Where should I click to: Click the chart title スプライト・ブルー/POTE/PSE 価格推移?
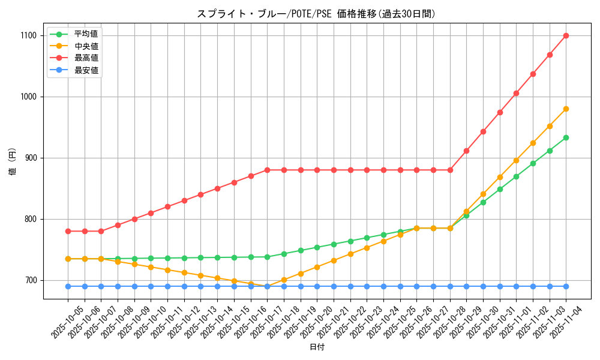pyautogui.click(x=316, y=14)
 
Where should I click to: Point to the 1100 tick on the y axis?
pyautogui.click(x=28, y=36)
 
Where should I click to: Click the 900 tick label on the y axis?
pyautogui.click(x=30, y=158)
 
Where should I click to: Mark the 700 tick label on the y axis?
pyautogui.click(x=30, y=281)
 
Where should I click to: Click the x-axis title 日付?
pyautogui.click(x=317, y=347)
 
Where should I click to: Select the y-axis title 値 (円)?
pyautogui.click(x=13, y=161)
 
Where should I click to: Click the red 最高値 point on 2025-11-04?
pyautogui.click(x=566, y=36)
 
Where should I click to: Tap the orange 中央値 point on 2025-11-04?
pyautogui.click(x=566, y=109)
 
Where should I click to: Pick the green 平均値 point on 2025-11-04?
pyautogui.click(x=566, y=137)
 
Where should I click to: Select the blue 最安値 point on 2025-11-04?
pyautogui.click(x=566, y=286)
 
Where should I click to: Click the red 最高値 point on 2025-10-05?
pyautogui.click(x=68, y=231)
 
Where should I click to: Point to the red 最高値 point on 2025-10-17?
pyautogui.click(x=267, y=170)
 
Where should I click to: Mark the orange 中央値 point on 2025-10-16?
pyautogui.click(x=251, y=284)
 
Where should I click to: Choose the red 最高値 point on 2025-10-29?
pyautogui.click(x=466, y=151)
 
